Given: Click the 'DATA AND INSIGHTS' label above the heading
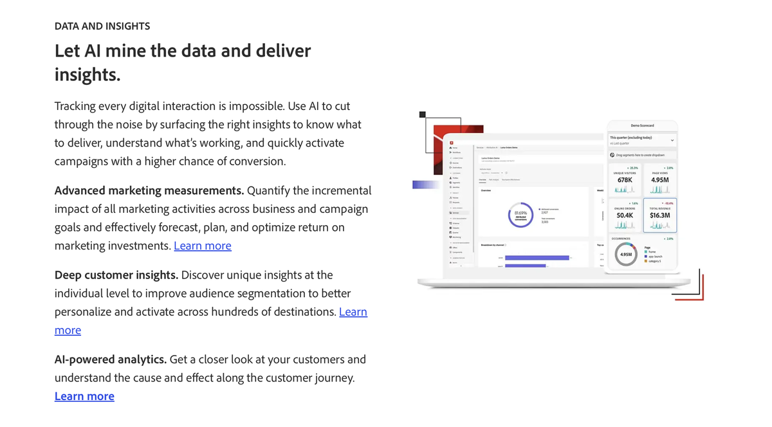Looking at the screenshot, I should [102, 26].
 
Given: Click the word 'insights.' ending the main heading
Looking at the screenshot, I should [87, 74].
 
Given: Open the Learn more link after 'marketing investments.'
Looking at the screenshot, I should [202, 246].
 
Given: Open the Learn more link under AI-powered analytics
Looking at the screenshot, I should [84, 396].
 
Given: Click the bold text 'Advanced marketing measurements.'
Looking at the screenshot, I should [149, 190].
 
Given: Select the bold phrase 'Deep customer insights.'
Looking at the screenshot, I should [116, 275].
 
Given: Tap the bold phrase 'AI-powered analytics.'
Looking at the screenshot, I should [111, 359].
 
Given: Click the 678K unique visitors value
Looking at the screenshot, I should [625, 180].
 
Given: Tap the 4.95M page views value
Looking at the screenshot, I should [659, 180].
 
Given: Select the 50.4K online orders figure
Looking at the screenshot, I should [625, 215].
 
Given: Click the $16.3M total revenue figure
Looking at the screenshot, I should [659, 215].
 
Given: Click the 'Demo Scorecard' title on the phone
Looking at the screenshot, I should [642, 125].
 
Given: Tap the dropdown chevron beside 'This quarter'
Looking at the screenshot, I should [672, 140].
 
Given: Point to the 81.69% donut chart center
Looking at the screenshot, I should [520, 213].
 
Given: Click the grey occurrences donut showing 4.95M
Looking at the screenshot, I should [625, 255].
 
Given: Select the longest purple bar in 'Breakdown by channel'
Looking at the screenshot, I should [537, 258].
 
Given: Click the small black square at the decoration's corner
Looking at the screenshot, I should [423, 114].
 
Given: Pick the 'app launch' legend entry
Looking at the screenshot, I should [655, 256].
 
